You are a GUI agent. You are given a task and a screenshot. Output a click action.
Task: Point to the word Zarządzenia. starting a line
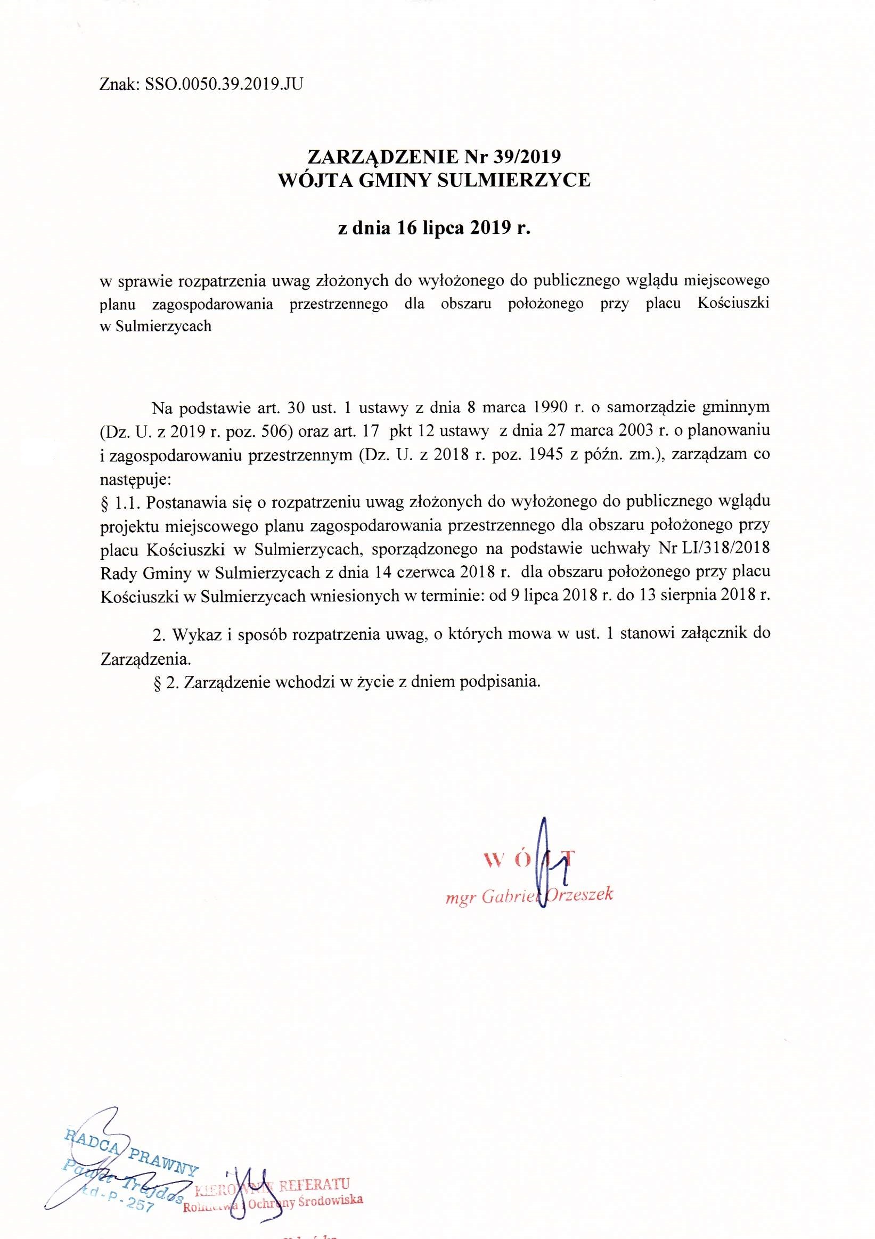(145, 659)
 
